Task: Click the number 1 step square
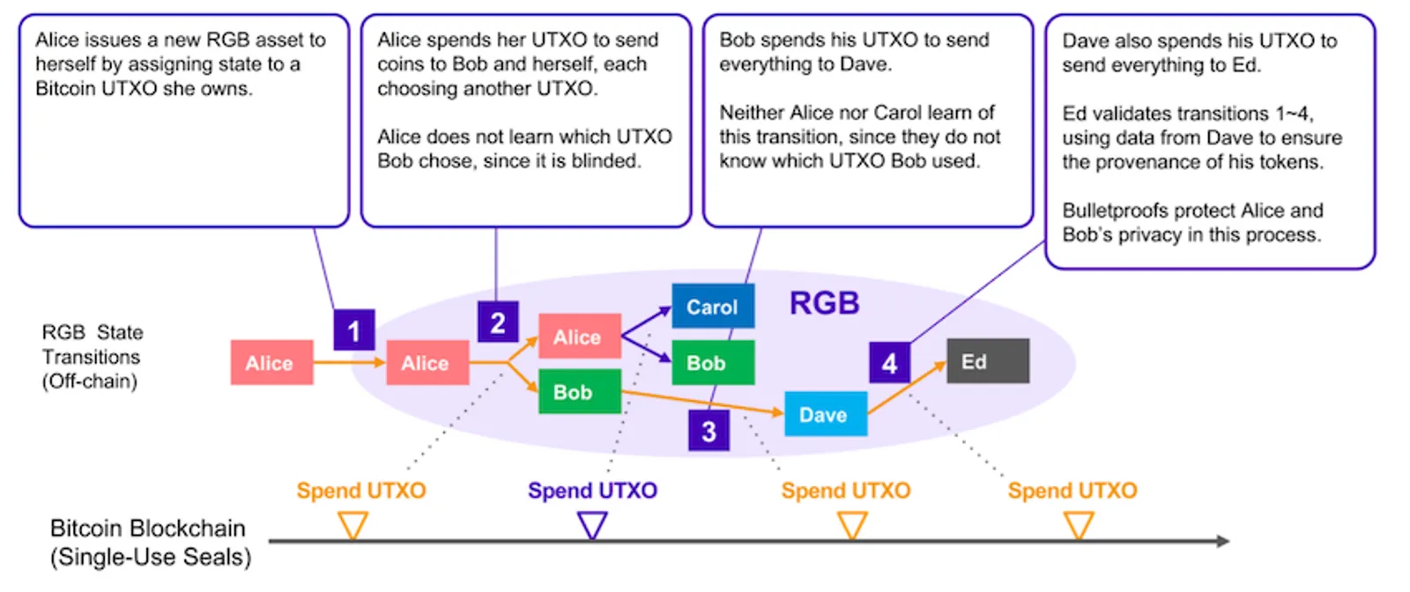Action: [x=354, y=329]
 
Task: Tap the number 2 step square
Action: [x=498, y=322]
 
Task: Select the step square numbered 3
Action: [x=709, y=430]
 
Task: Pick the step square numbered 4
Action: [x=889, y=362]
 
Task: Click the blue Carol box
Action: [x=713, y=306]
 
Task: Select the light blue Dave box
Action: [x=826, y=413]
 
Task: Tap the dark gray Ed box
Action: [x=988, y=360]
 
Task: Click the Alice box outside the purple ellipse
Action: [x=272, y=362]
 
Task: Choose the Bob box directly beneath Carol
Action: [x=713, y=362]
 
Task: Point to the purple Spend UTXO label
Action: [x=592, y=490]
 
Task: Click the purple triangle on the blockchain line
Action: [x=592, y=525]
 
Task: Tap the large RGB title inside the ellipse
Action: [x=824, y=303]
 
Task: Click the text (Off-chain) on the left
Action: [x=90, y=381]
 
